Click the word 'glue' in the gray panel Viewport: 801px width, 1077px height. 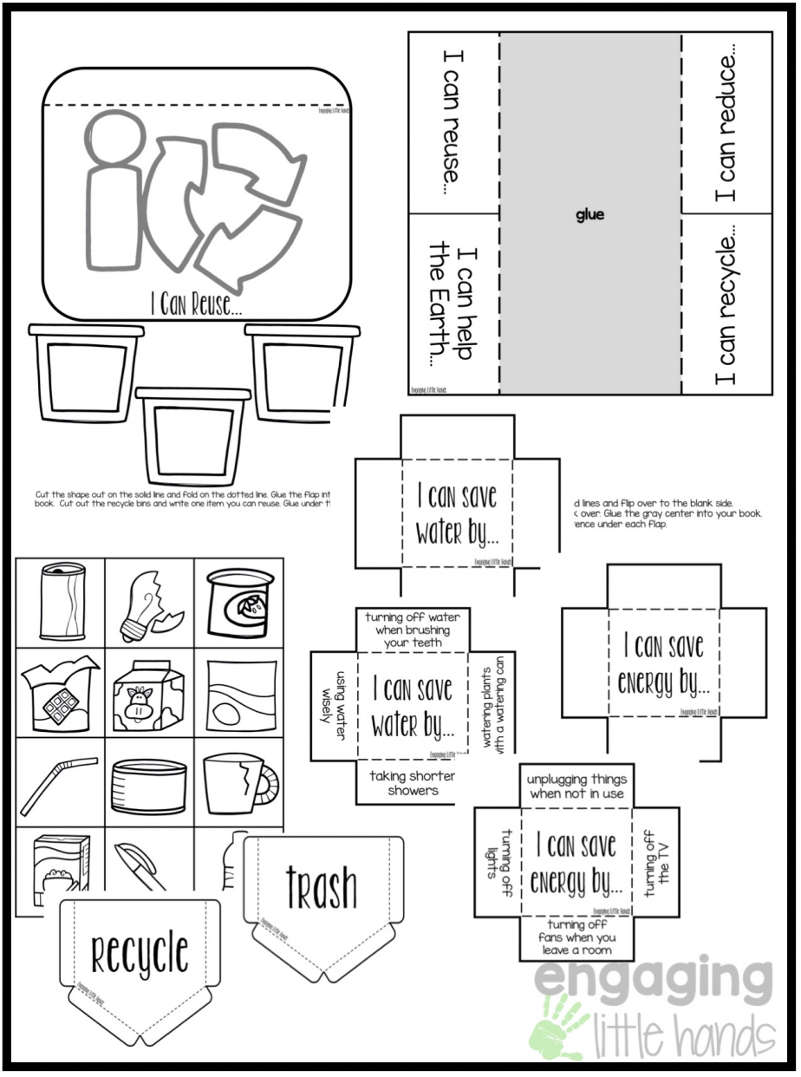click(589, 215)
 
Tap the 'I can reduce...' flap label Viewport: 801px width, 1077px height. click(726, 123)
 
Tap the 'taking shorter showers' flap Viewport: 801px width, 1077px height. click(412, 783)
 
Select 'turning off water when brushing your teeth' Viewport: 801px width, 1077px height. click(413, 630)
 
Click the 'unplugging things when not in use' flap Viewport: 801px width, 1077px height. click(576, 787)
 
